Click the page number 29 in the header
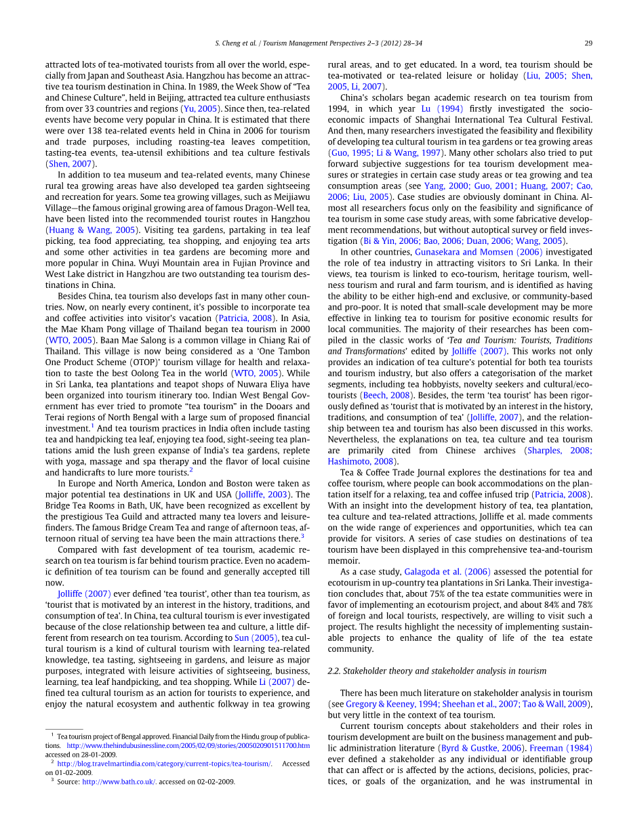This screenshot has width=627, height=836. pyautogui.click(x=588, y=43)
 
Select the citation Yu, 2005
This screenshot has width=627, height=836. pyautogui.click(x=199, y=108)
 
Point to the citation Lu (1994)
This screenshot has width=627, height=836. pyautogui.click(x=443, y=108)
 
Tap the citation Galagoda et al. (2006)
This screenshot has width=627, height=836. pyautogui.click(x=447, y=572)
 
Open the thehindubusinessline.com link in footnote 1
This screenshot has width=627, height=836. pyautogui.click(x=188, y=745)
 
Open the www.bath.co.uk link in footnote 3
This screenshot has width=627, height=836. pyautogui.click(x=119, y=782)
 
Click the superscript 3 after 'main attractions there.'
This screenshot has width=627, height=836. pyautogui.click(x=302, y=536)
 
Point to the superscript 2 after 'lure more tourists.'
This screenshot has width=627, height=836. pyautogui.click(x=191, y=470)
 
